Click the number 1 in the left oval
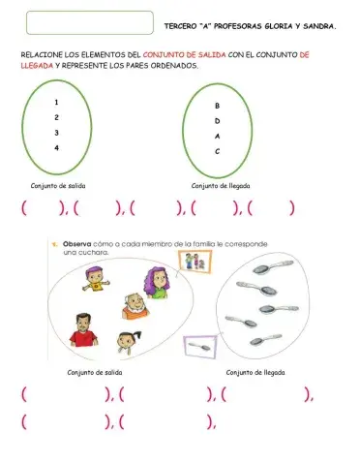[x=57, y=102]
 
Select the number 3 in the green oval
[x=57, y=132]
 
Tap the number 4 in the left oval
[x=57, y=147]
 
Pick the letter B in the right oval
[x=217, y=106]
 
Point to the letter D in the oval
[x=217, y=121]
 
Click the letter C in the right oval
[x=217, y=152]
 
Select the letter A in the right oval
[x=217, y=137]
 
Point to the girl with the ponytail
[x=127, y=342]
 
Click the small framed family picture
[x=197, y=263]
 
